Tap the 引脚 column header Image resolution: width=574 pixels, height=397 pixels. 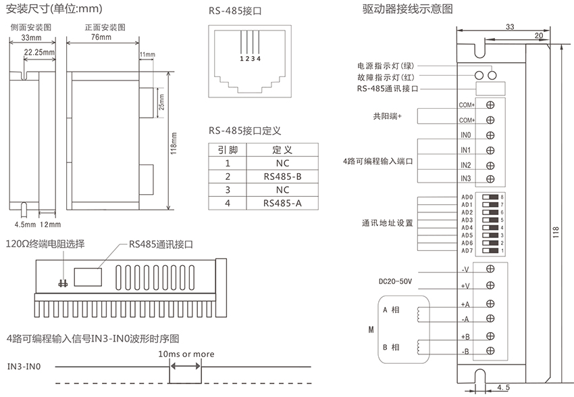[x=228, y=149]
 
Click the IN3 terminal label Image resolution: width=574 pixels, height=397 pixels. [x=465, y=179]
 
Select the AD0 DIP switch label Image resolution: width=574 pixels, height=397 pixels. [x=467, y=197]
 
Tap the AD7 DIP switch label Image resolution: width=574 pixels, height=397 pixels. [x=467, y=251]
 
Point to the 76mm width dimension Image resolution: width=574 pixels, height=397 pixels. [x=99, y=37]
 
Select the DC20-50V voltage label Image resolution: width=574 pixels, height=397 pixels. [x=396, y=281]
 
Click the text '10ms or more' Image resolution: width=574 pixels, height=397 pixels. [x=186, y=354]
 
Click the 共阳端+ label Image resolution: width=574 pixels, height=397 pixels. [x=388, y=116]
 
